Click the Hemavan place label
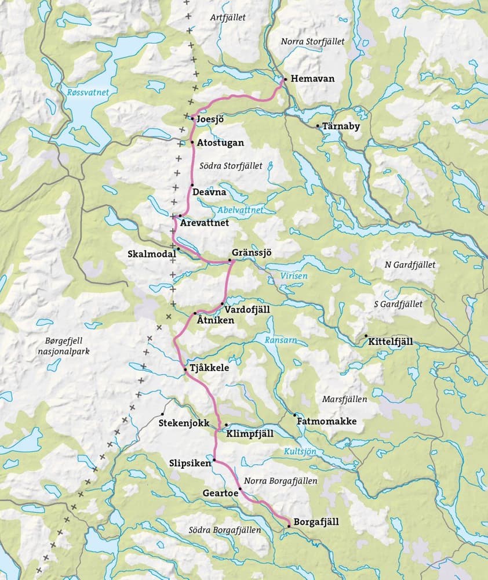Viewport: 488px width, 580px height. [313, 79]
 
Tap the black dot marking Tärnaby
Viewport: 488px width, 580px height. [318, 126]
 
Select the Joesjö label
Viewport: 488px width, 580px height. [211, 119]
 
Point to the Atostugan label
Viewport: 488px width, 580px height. [221, 142]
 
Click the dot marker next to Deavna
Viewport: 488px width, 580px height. [192, 185]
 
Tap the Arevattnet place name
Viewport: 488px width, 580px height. [205, 223]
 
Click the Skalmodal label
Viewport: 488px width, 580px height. [151, 254]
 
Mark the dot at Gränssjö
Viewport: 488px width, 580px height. [230, 261]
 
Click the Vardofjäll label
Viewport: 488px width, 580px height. [247, 310]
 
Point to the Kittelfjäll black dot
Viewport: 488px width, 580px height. [366, 336]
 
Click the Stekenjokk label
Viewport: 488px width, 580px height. [184, 423]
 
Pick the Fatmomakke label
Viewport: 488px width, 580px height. [326, 422]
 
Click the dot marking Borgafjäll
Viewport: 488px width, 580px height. [289, 525]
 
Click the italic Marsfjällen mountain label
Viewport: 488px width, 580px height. [344, 399]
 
